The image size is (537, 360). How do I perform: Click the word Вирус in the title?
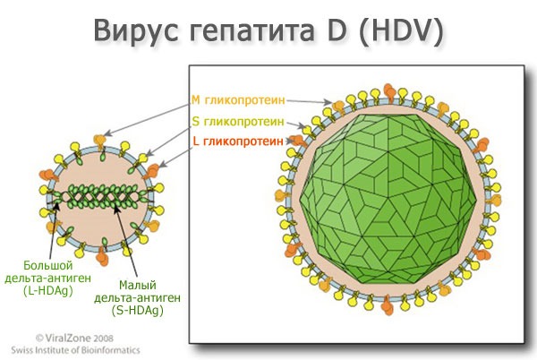point(136,30)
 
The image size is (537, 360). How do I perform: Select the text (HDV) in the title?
point(401,30)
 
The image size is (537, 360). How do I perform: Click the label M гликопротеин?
point(238,100)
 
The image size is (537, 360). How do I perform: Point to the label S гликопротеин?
point(238,121)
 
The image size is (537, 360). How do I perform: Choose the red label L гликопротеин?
point(238,141)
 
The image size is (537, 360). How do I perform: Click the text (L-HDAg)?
point(48,291)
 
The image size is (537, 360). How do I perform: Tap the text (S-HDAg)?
point(137,311)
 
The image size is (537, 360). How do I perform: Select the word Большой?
point(48,265)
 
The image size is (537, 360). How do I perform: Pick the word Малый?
point(138,285)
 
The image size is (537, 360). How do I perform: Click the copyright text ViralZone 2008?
point(74,339)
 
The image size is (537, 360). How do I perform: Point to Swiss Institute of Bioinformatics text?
point(75,350)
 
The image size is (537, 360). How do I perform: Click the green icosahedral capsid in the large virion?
point(388,199)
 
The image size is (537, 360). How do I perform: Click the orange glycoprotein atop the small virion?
point(99,141)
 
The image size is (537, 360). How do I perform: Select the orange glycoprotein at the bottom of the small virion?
point(102,256)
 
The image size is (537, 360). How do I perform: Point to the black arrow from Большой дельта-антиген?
point(54,230)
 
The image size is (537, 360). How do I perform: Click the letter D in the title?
point(335,30)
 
